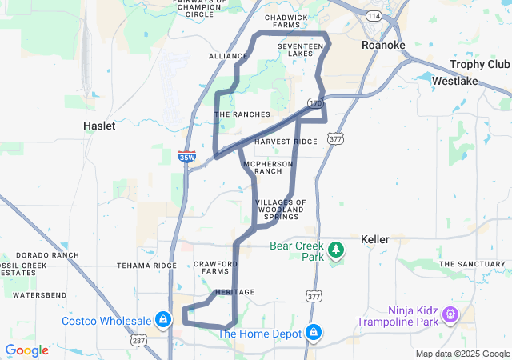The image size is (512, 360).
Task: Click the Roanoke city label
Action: pyautogui.click(x=383, y=46)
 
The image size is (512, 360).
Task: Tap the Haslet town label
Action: pyautogui.click(x=99, y=126)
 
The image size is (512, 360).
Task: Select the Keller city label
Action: pyautogui.click(x=374, y=239)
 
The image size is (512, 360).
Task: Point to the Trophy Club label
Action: pyautogui.click(x=479, y=64)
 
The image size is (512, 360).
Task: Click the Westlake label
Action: pyautogui.click(x=455, y=81)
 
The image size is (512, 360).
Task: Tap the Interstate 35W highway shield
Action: pyautogui.click(x=186, y=158)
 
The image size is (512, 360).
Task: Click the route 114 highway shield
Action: pyautogui.click(x=374, y=16)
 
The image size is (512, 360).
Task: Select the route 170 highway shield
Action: pyautogui.click(x=316, y=104)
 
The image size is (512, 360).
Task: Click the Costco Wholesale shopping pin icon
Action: pyautogui.click(x=163, y=321)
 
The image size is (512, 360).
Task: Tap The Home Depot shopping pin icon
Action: pyautogui.click(x=313, y=332)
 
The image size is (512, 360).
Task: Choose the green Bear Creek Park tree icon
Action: pyautogui.click(x=338, y=250)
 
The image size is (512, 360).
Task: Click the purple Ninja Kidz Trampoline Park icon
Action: pyautogui.click(x=450, y=315)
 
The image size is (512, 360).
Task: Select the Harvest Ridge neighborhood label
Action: pyautogui.click(x=286, y=142)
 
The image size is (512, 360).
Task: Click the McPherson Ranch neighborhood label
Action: pyautogui.click(x=268, y=167)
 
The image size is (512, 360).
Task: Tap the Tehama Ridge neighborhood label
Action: pyautogui.click(x=146, y=266)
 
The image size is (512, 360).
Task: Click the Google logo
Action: pyautogui.click(x=26, y=350)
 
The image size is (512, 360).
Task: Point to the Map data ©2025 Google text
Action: pyautogui.click(x=463, y=354)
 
